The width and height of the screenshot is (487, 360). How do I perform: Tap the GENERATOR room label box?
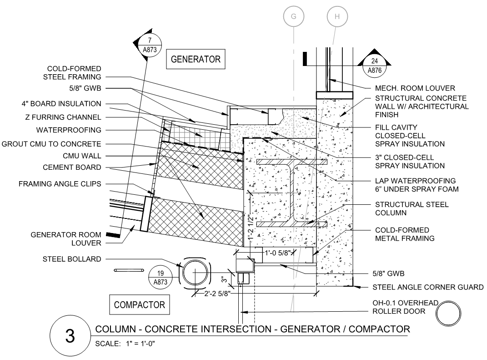pyautogui.click(x=196, y=59)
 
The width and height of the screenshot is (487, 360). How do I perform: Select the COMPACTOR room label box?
pyautogui.click(x=140, y=304)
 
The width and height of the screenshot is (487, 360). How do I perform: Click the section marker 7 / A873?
pyautogui.click(x=150, y=45)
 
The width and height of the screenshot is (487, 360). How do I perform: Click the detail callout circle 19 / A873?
pyautogui.click(x=160, y=278)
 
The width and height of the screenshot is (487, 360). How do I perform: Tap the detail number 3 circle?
pyautogui.click(x=70, y=336)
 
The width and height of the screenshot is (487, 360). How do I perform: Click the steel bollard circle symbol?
pyautogui.click(x=195, y=272)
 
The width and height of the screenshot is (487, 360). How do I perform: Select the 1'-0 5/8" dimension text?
pyautogui.click(x=278, y=253)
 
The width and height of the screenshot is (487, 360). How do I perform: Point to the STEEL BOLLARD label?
pyautogui.click(x=72, y=259)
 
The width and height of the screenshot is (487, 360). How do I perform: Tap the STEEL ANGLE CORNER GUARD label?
pyautogui.click(x=428, y=287)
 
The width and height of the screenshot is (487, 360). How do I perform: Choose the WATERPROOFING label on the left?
pyautogui.click(x=69, y=130)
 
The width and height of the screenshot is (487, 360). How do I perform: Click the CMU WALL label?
pyautogui.click(x=82, y=156)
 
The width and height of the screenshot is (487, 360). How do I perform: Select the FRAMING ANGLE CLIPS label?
pyautogui.click(x=60, y=184)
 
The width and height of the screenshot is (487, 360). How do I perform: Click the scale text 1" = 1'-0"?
pyautogui.click(x=141, y=344)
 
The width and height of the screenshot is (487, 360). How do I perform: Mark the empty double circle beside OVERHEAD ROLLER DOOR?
pyautogui.click(x=448, y=314)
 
